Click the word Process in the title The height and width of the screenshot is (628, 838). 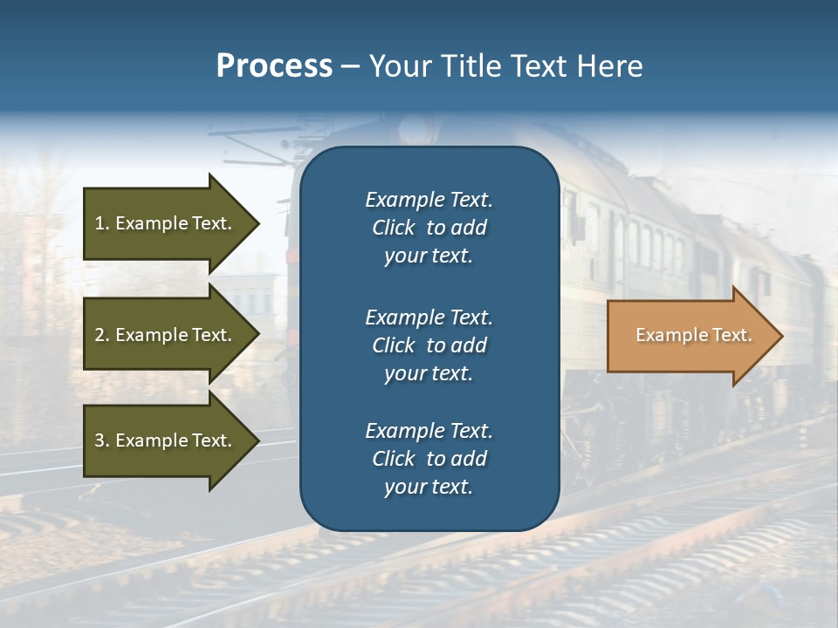pyautogui.click(x=274, y=66)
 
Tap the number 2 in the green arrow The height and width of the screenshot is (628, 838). pyautogui.click(x=99, y=335)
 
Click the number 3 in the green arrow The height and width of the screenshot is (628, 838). pyautogui.click(x=99, y=440)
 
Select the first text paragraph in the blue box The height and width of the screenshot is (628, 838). pyautogui.click(x=429, y=228)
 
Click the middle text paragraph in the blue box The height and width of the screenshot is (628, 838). pyautogui.click(x=429, y=345)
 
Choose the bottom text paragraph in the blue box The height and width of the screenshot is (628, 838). pyautogui.click(x=429, y=459)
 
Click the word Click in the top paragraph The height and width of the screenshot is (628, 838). pyautogui.click(x=393, y=228)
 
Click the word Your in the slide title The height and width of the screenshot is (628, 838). pyautogui.click(x=399, y=66)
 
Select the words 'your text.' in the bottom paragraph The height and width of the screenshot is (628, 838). pyautogui.click(x=429, y=487)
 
